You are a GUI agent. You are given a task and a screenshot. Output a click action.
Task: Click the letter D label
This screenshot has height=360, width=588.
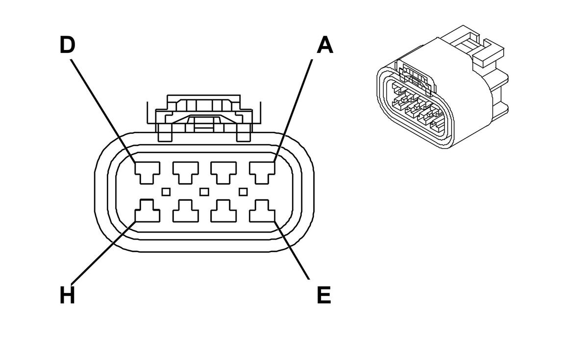coord(67,45)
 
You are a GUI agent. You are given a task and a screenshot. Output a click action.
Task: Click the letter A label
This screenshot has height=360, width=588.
coord(325,45)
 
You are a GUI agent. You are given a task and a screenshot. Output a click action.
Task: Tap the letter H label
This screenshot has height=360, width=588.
coord(67,295)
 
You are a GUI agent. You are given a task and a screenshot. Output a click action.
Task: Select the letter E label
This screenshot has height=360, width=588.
coord(324,295)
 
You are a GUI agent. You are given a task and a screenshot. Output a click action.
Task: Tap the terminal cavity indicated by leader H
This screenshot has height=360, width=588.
coord(147,212)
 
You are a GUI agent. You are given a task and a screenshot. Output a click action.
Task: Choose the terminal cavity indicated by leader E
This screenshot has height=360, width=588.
coord(262,212)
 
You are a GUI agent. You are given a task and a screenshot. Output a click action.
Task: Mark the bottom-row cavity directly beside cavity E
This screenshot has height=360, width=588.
coord(224,212)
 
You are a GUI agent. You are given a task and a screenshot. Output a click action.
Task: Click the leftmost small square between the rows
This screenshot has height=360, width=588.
coord(166,191)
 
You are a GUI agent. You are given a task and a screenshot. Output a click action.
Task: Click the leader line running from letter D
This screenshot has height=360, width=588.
coord(103,110)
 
